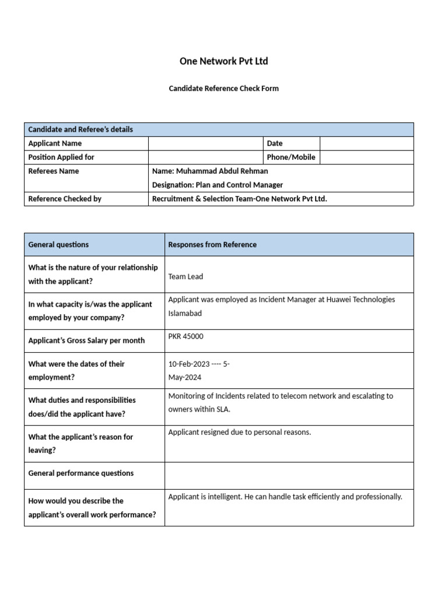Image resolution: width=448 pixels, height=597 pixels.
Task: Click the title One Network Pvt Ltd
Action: (x=224, y=61)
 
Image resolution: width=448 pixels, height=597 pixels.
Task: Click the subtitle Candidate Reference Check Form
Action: (x=224, y=89)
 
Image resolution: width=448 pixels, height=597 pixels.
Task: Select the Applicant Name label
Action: (x=55, y=143)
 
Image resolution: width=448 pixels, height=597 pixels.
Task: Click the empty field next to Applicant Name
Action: (x=205, y=143)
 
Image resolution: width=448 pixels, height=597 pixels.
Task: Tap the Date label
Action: (x=275, y=143)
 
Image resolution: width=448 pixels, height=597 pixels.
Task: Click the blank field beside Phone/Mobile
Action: (x=366, y=157)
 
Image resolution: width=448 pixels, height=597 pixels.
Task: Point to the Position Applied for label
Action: (x=61, y=157)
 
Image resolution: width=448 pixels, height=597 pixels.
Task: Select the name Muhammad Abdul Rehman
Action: (x=218, y=171)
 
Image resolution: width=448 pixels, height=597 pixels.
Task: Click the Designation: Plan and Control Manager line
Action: (x=217, y=185)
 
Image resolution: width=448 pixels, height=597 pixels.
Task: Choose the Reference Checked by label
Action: (x=65, y=199)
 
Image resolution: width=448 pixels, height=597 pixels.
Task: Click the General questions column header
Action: (x=58, y=245)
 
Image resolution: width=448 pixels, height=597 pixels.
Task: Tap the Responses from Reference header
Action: (x=212, y=245)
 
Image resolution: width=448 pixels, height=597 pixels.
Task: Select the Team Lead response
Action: (x=185, y=277)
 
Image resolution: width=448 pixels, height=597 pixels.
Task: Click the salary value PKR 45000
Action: (x=186, y=336)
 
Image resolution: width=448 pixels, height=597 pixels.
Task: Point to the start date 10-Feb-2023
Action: (x=189, y=364)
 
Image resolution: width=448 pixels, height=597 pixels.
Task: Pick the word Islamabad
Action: (x=185, y=313)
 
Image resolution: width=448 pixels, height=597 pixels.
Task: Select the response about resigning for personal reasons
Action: (x=240, y=433)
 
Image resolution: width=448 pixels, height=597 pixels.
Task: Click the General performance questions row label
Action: (x=81, y=473)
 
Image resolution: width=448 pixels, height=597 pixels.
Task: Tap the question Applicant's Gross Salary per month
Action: (x=86, y=340)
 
